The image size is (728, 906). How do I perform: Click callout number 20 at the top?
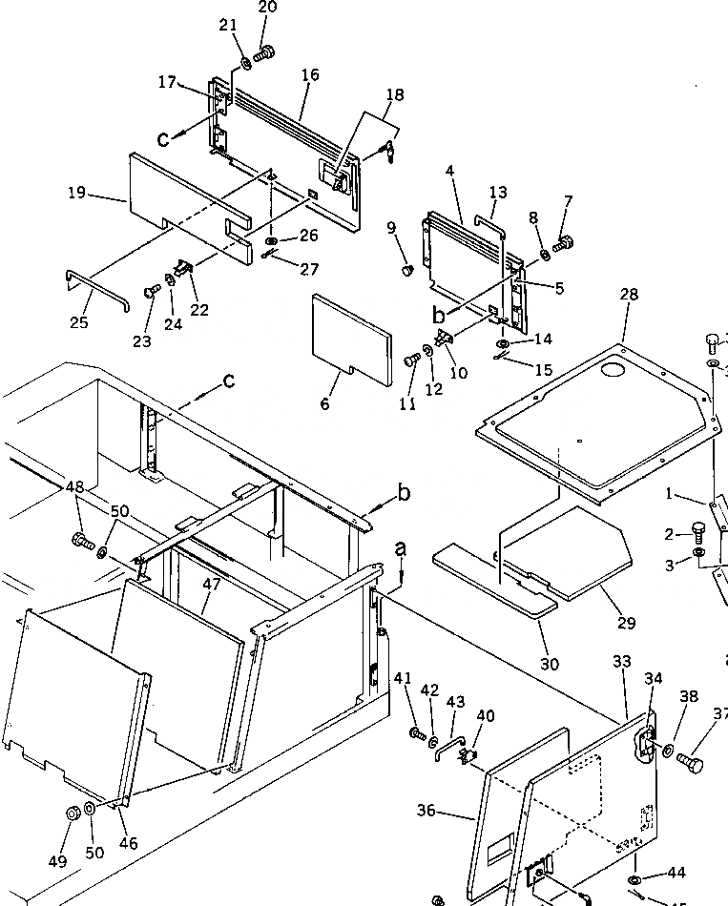click(x=267, y=8)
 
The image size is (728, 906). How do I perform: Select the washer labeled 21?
click(x=245, y=64)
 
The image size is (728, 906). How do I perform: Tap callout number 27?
click(x=308, y=270)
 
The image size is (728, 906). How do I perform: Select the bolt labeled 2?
click(x=697, y=525)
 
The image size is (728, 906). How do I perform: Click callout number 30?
click(x=551, y=664)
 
